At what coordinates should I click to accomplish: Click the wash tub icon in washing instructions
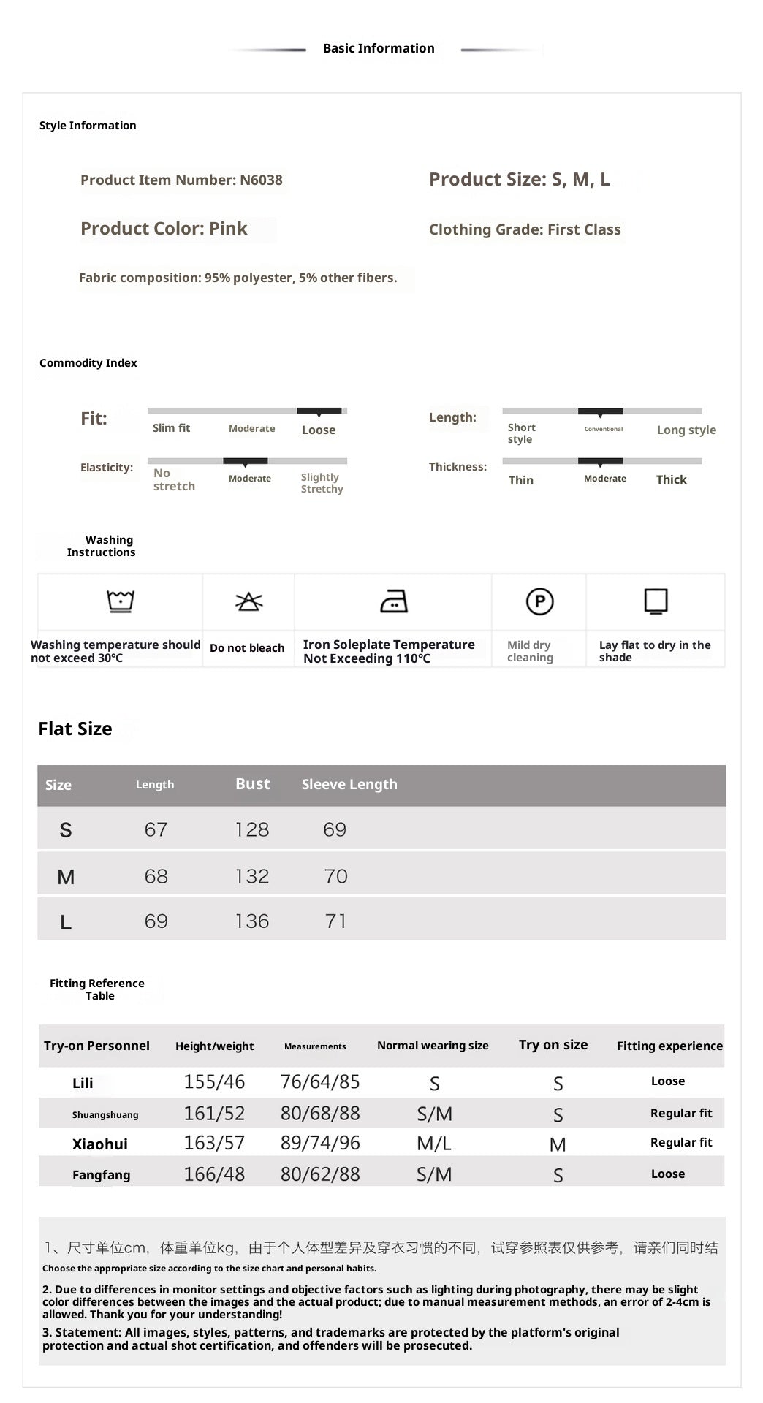point(121,601)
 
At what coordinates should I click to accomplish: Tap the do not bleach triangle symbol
point(248,601)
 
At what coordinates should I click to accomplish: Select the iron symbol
point(394,601)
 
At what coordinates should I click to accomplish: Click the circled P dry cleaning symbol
point(539,601)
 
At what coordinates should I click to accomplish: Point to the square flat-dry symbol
point(656,601)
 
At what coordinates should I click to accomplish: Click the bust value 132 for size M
point(252,876)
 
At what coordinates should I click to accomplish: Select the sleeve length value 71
point(335,921)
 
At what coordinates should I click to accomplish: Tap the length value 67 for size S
point(156,830)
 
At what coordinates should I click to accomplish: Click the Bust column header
point(253,784)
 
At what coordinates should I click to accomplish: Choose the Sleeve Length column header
point(349,784)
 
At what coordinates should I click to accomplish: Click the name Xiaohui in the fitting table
point(99,1144)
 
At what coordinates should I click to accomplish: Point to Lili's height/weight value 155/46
point(214,1082)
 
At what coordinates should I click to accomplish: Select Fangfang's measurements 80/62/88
point(320,1174)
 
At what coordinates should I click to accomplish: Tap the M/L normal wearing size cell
point(434,1144)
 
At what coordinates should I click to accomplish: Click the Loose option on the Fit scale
point(319,430)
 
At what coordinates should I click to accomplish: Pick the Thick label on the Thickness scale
point(671,479)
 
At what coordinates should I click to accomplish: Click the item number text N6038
point(261,180)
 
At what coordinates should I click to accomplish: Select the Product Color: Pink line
point(164,229)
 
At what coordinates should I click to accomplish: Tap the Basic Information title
point(379,48)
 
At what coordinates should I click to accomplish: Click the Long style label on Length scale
point(686,430)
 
